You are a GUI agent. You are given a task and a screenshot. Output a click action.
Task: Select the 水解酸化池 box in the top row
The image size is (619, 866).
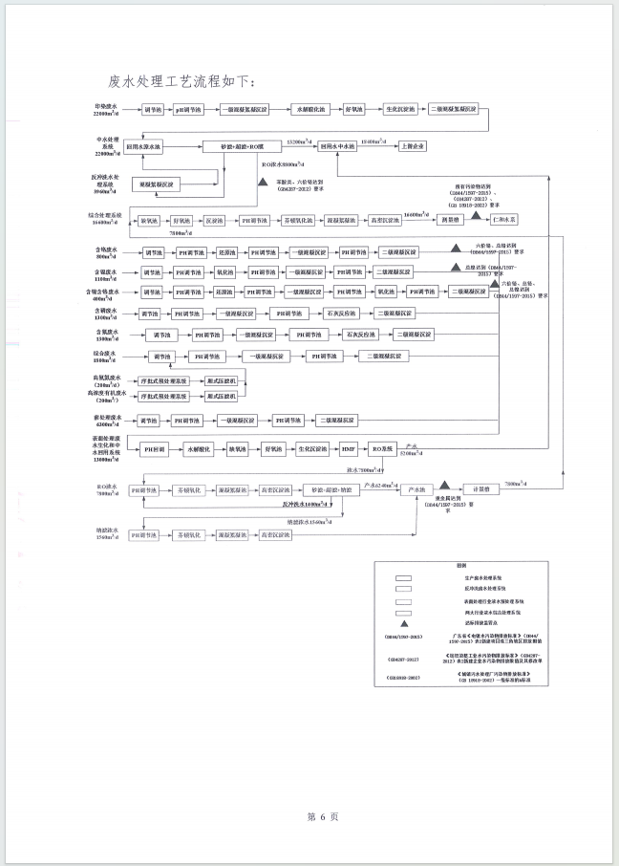[x=310, y=111]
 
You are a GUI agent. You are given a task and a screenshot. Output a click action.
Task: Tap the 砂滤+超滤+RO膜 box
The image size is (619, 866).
[x=242, y=146]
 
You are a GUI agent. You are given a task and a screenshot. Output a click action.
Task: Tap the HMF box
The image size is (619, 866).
[x=349, y=447]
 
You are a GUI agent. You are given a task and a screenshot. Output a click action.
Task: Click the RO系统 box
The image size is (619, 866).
[x=384, y=447]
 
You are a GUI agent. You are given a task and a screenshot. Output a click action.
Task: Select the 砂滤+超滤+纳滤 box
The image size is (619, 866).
[x=317, y=488]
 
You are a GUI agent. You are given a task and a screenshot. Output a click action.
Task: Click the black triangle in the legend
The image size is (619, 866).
[x=403, y=622]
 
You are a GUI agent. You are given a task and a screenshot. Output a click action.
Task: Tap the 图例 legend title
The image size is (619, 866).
[x=459, y=565]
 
